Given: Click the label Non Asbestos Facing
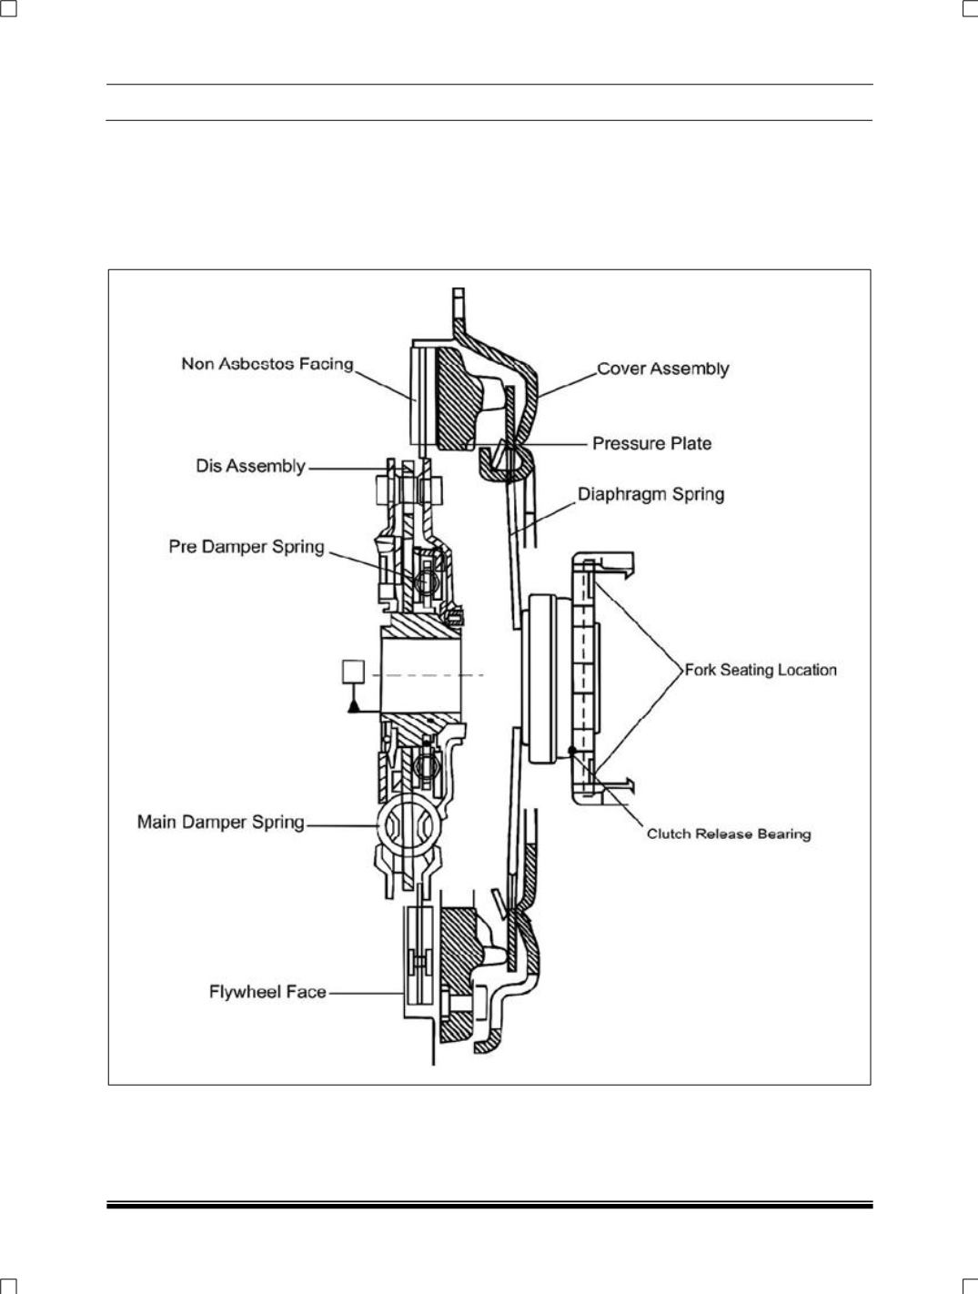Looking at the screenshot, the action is click(267, 364).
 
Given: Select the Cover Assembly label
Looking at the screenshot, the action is click(663, 369).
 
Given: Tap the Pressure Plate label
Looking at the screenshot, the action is click(651, 443).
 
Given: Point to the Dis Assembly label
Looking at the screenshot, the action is click(250, 466).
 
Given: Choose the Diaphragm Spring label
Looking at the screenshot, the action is click(650, 494).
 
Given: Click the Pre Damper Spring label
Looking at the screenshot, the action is click(247, 547).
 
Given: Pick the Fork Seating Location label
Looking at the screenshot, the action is click(761, 670).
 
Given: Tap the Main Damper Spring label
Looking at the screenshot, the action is click(220, 822).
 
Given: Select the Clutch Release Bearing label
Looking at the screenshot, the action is click(729, 834).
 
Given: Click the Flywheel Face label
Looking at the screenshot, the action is click(267, 992).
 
